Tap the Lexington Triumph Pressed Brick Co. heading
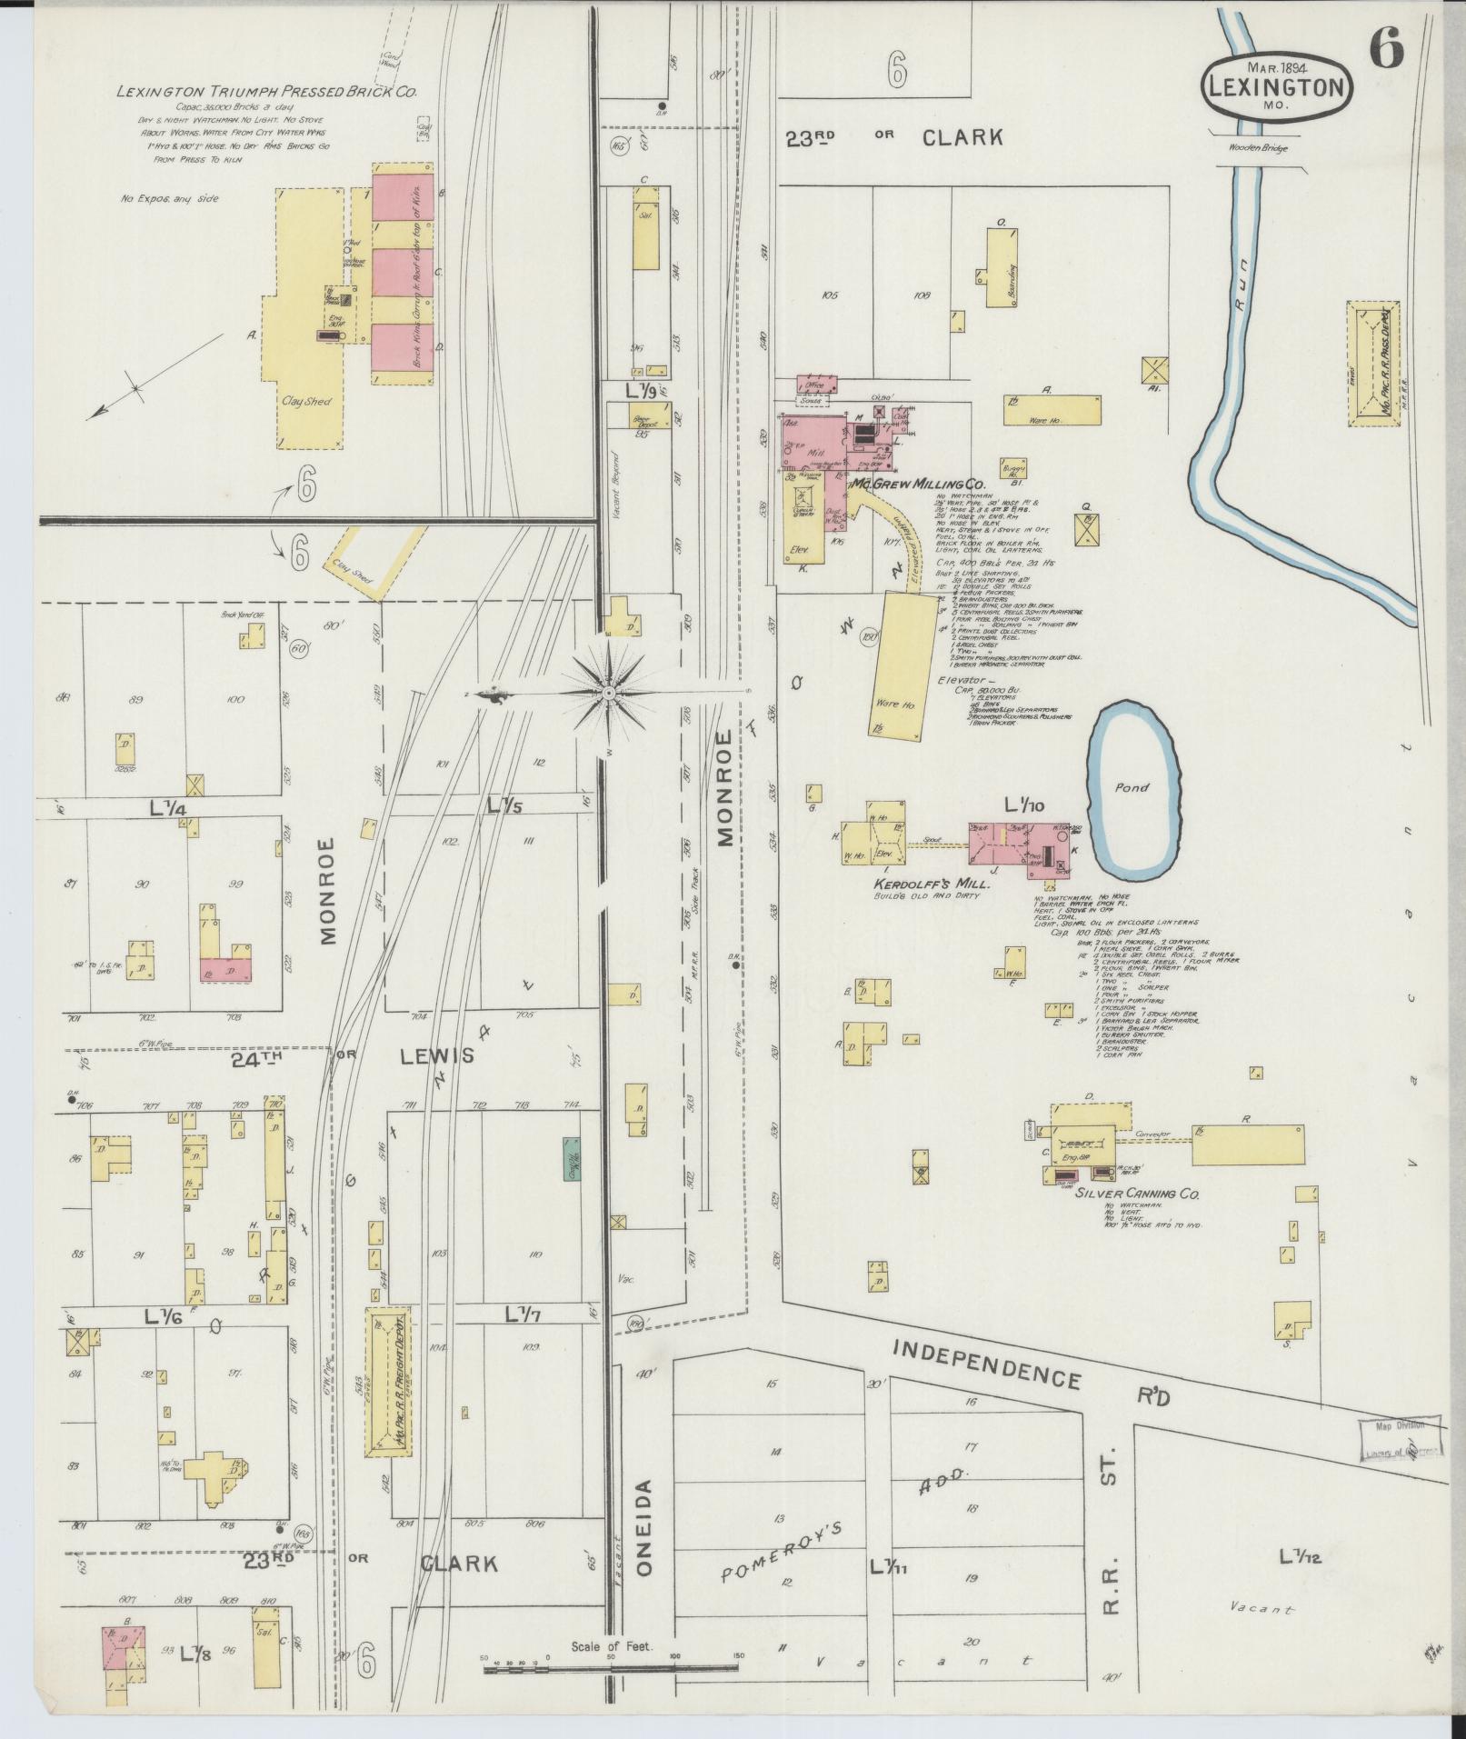pos(266,91)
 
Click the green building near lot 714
pos(571,1157)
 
